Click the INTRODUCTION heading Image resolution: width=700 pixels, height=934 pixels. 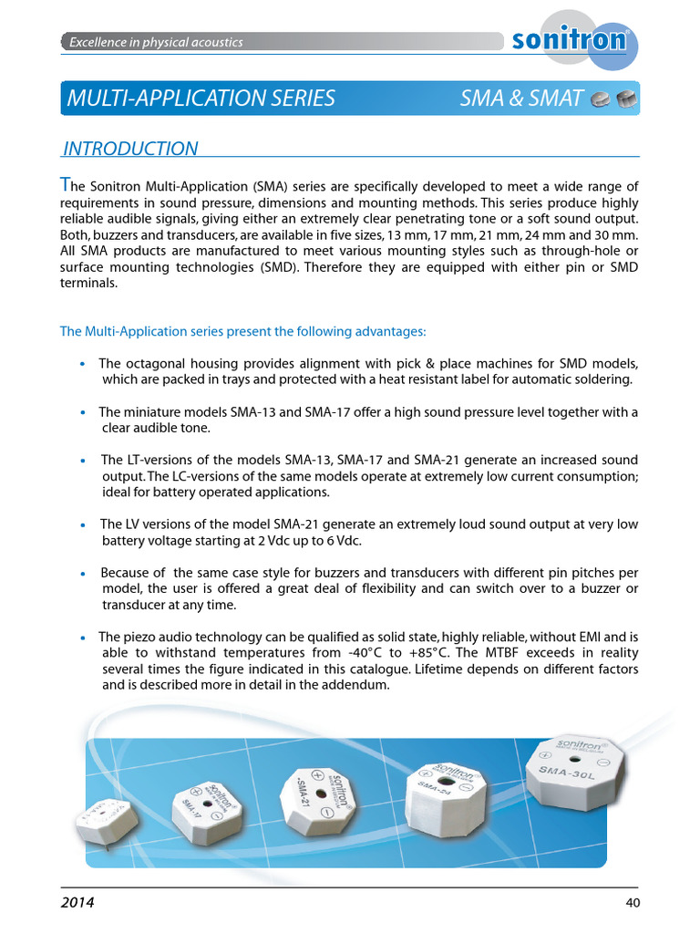click(129, 149)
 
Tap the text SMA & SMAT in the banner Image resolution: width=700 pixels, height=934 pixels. click(521, 99)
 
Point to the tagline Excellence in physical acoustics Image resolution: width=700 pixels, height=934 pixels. click(156, 42)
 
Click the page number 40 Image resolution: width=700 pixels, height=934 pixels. click(633, 903)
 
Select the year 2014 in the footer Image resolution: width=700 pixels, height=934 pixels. click(77, 903)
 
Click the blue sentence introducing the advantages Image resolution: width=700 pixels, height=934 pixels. click(242, 331)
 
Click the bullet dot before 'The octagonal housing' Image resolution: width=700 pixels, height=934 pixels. click(83, 364)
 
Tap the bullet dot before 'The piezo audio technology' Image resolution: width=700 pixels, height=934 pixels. click(83, 638)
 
